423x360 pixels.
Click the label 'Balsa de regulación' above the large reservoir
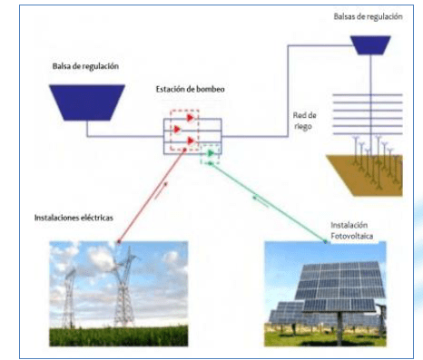tap(85, 66)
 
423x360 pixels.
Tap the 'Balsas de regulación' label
tap(368, 16)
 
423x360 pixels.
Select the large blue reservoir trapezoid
tap(87, 102)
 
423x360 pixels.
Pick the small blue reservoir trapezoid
tap(370, 45)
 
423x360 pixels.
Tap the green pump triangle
tap(211, 153)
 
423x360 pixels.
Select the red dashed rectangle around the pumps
tap(184, 130)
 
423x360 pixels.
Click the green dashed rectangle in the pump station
tap(210, 154)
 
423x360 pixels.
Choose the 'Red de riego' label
tap(304, 121)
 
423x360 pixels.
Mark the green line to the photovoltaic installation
tap(268, 202)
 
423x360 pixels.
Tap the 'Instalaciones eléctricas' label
tap(74, 218)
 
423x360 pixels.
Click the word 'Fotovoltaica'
tap(351, 236)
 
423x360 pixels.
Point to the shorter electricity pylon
tap(70, 297)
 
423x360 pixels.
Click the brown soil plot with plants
tap(364, 175)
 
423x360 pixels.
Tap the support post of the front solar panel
tap(339, 327)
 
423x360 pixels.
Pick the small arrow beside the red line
tap(161, 190)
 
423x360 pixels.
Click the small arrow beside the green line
tap(261, 201)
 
